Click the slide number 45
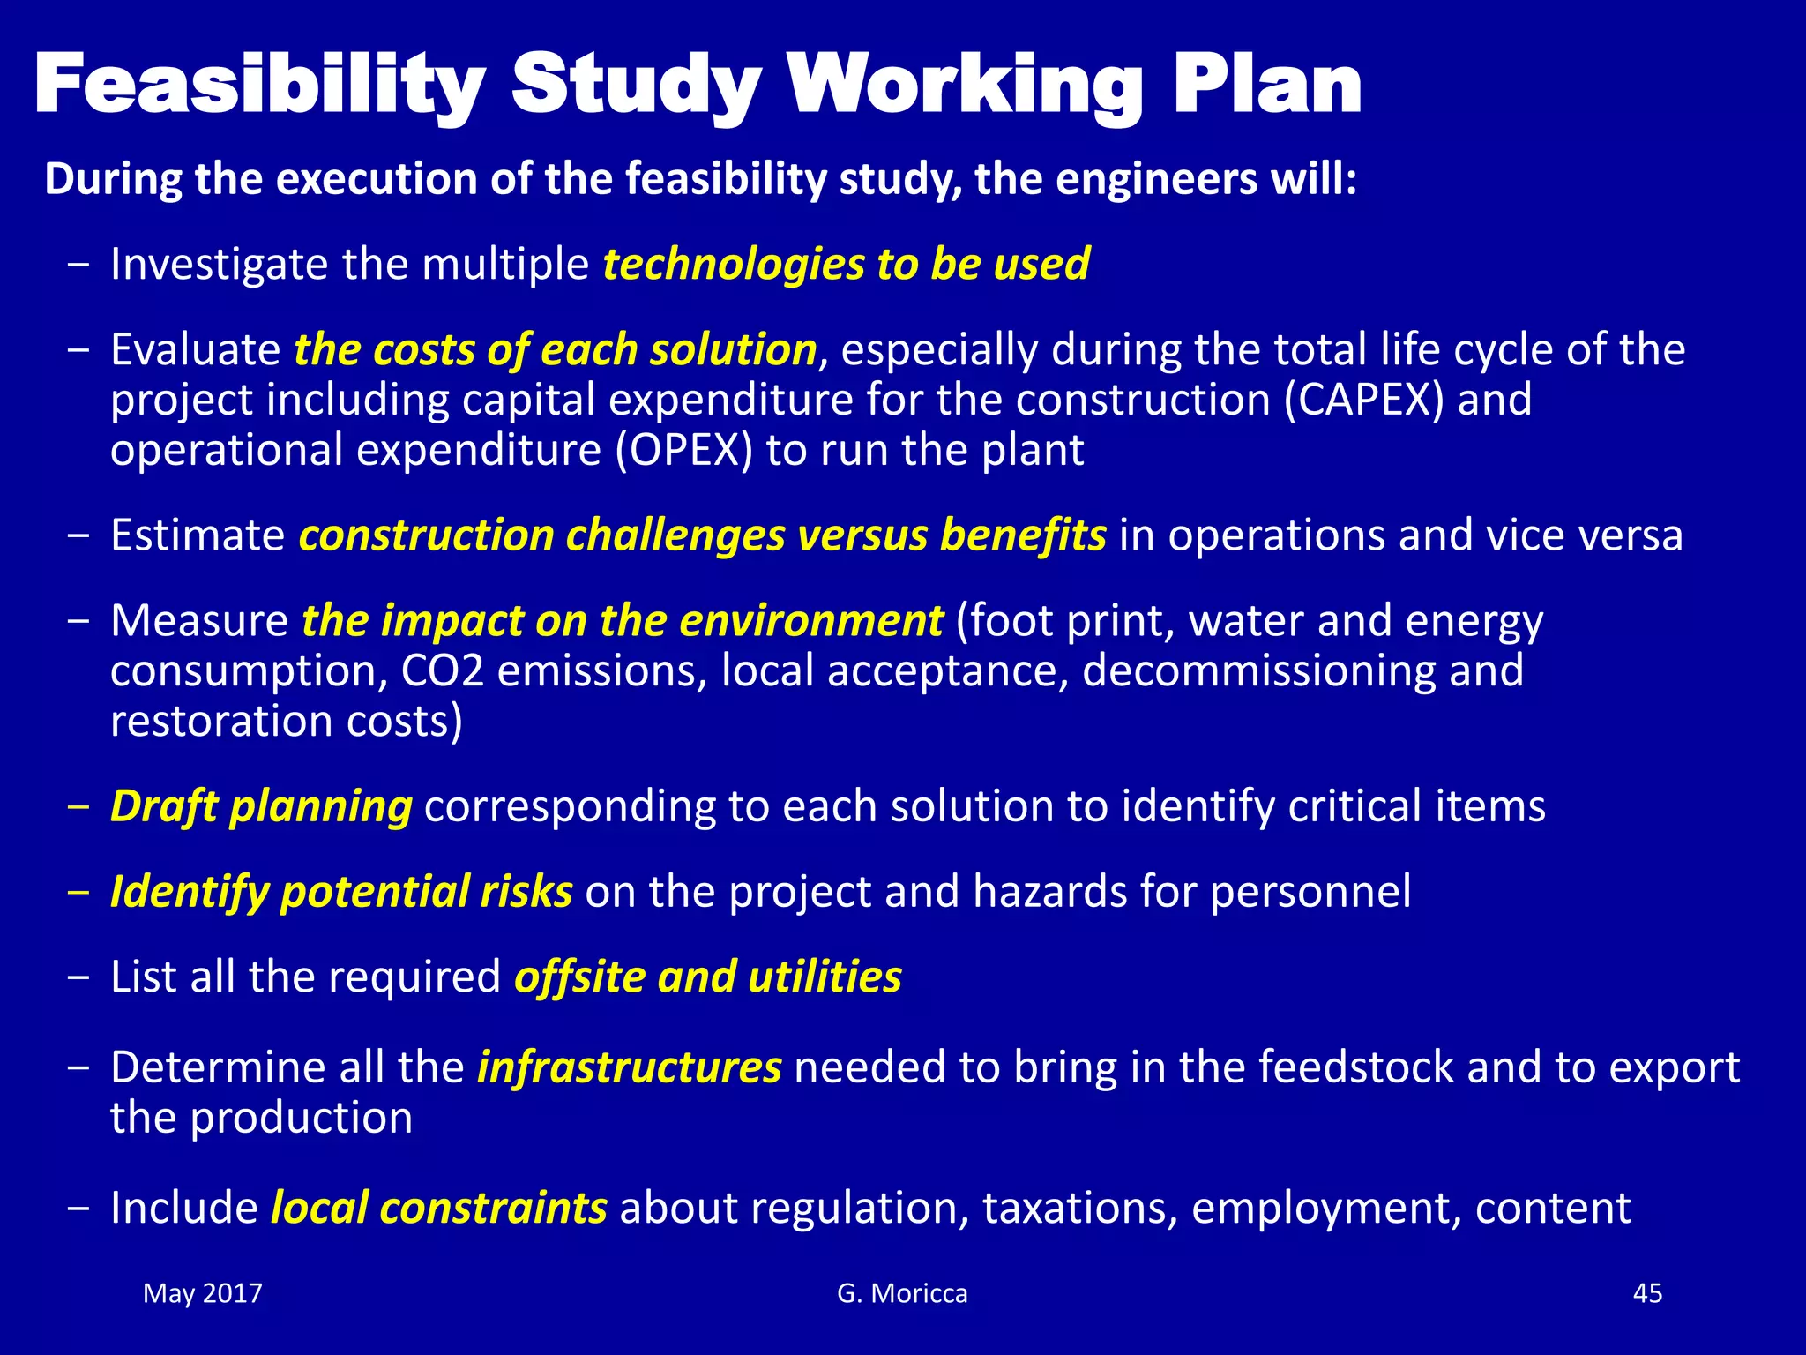(1647, 1293)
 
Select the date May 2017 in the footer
(203, 1293)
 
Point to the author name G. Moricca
(902, 1293)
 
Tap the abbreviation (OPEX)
(684, 450)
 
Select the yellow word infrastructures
(629, 1067)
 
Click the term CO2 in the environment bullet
(443, 670)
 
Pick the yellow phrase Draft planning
(261, 806)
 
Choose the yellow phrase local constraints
(438, 1208)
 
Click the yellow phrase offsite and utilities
(708, 977)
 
